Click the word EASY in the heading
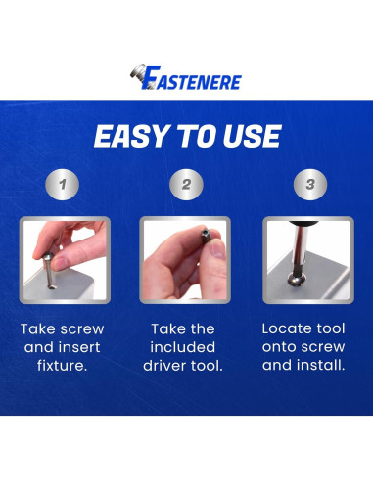[126, 136]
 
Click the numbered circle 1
[64, 184]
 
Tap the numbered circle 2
[185, 184]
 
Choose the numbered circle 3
[308, 184]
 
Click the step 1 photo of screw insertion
[64, 260]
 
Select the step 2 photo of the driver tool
[186, 260]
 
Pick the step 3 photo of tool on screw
[308, 260]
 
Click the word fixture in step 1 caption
[64, 367]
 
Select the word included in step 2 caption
[186, 348]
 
